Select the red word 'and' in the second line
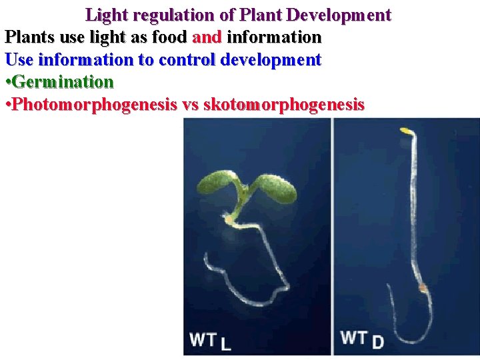point(207,37)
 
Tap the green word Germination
point(63,83)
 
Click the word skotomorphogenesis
point(284,105)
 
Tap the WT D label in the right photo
point(362,339)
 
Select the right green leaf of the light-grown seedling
point(273,188)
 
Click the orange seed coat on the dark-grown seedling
point(422,288)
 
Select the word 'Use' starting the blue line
point(19,60)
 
